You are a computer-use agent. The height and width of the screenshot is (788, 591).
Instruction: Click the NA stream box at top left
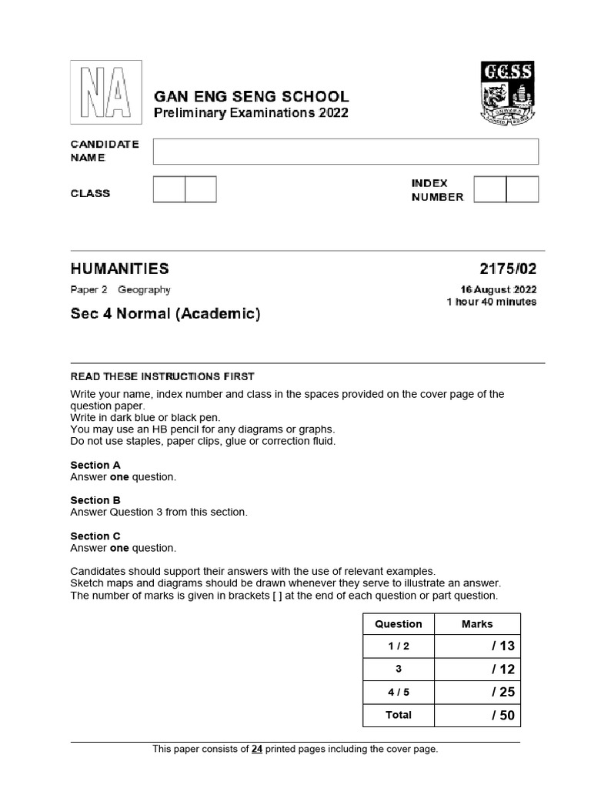(x=106, y=92)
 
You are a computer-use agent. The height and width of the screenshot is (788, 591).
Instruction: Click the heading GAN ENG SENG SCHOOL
(x=252, y=97)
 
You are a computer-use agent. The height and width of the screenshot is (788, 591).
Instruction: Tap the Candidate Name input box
(x=346, y=152)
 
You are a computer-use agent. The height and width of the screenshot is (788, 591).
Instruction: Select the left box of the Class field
(x=169, y=189)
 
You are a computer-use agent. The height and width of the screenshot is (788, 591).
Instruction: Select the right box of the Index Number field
(x=523, y=189)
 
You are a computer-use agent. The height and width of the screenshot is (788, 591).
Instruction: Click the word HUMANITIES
(x=119, y=269)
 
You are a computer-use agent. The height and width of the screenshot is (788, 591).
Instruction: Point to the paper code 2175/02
(x=508, y=269)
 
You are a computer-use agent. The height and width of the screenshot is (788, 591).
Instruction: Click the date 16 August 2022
(x=494, y=289)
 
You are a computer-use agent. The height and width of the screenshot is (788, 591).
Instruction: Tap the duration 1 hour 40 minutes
(x=492, y=302)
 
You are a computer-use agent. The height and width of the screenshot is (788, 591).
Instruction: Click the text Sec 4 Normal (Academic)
(x=165, y=314)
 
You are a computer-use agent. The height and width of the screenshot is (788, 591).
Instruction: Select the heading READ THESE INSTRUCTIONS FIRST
(x=162, y=376)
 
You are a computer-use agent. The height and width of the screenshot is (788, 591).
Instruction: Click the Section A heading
(x=95, y=465)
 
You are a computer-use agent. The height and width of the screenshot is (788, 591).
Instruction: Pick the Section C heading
(x=95, y=536)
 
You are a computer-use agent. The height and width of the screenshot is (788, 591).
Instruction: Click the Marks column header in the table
(x=477, y=624)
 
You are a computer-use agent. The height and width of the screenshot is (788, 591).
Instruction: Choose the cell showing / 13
(x=477, y=646)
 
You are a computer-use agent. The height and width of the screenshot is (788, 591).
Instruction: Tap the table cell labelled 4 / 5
(x=399, y=693)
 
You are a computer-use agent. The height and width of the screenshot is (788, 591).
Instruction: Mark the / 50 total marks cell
(x=477, y=715)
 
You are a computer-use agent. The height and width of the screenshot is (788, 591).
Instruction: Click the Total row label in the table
(x=399, y=715)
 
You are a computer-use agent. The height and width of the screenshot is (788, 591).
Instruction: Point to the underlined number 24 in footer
(x=256, y=749)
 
